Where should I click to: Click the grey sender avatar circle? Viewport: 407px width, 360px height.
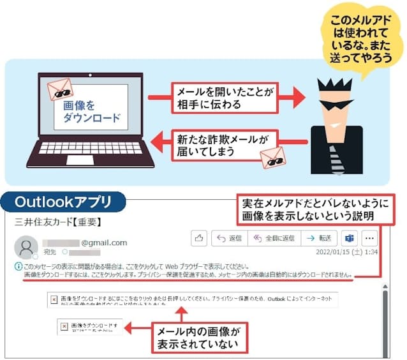point(26,247)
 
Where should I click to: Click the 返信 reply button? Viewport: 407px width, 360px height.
point(229,238)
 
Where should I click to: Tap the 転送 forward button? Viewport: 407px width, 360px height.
point(319,238)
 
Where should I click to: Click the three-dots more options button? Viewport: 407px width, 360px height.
point(370,238)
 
